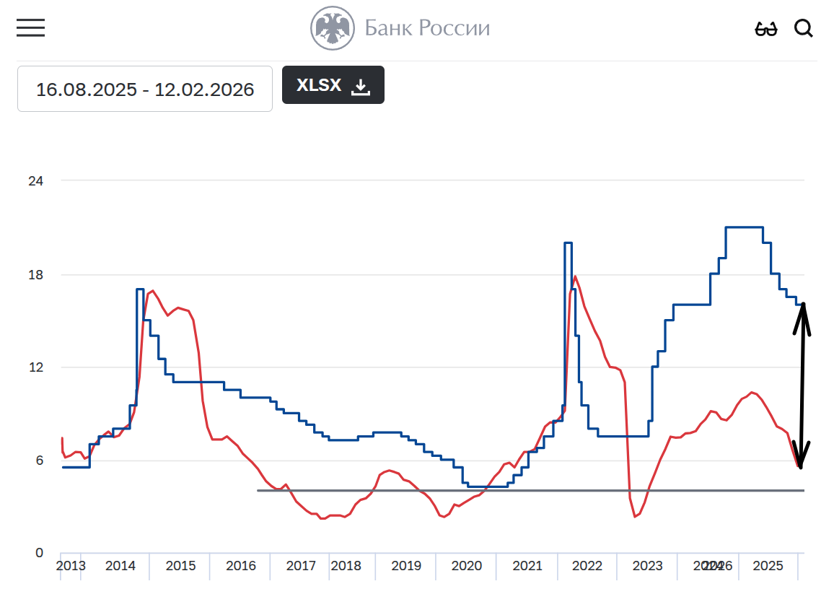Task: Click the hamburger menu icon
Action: (x=31, y=28)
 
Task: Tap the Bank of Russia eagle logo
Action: (x=333, y=28)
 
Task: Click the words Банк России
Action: (x=427, y=28)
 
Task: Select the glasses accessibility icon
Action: (x=766, y=29)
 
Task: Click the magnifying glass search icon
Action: (x=804, y=28)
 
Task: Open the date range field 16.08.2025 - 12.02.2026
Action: (x=145, y=89)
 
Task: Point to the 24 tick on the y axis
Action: (x=35, y=180)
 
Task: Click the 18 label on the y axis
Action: (x=35, y=275)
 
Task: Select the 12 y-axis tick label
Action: (x=35, y=367)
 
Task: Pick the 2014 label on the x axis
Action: (x=120, y=566)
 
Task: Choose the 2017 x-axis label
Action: (x=301, y=566)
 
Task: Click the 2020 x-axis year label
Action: (x=467, y=566)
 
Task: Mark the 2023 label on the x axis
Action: (x=647, y=566)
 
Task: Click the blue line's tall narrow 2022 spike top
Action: (x=568, y=243)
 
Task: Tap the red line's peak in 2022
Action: (x=575, y=276)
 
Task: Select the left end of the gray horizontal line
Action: (x=258, y=491)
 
